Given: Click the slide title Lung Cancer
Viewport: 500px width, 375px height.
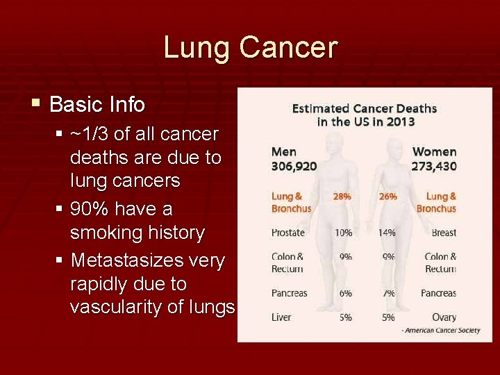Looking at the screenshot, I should click(x=250, y=48).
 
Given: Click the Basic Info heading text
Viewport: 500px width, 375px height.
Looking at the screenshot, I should click(x=97, y=105).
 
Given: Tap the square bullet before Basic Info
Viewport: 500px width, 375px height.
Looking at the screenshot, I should click(x=35, y=104).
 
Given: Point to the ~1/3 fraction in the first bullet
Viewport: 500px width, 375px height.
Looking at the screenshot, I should click(x=94, y=134).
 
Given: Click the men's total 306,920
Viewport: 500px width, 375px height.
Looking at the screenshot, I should click(x=294, y=166).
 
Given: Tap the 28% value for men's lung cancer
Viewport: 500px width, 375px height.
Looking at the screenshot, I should click(x=342, y=197).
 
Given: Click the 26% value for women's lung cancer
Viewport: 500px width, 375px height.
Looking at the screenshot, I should click(x=387, y=197).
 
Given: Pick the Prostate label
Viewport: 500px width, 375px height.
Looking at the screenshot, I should click(x=287, y=233).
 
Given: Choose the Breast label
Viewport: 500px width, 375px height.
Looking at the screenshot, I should click(x=443, y=233).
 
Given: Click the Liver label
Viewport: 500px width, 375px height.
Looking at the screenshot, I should click(x=281, y=317).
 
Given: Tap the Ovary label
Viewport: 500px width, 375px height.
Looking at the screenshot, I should click(x=444, y=317).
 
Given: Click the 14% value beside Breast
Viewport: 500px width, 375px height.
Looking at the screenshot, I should click(x=387, y=233).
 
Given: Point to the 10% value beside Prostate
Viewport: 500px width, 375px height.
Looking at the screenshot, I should click(x=343, y=233).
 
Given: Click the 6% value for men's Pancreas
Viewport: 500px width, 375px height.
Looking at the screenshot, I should click(x=345, y=293).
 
